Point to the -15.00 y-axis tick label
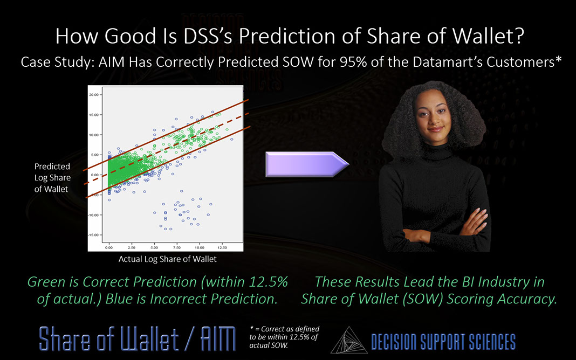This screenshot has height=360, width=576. [x=93, y=235]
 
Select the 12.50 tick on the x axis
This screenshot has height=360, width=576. [x=222, y=247]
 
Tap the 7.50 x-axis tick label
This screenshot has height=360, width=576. [x=176, y=247]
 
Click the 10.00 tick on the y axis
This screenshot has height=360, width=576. [x=93, y=134]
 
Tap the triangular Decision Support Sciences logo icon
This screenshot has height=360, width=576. [x=348, y=340]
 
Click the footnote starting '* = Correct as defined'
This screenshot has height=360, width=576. [x=285, y=337]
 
